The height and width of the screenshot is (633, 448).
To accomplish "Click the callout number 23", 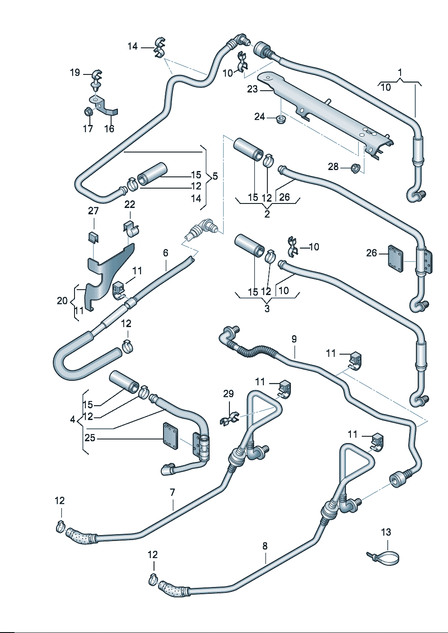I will click(252, 89).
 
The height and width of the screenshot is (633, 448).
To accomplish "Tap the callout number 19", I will click(75, 72).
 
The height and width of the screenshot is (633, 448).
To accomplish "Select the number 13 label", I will click(386, 532).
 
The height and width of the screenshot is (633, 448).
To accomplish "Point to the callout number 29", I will click(229, 394).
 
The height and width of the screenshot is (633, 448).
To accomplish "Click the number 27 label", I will click(93, 211).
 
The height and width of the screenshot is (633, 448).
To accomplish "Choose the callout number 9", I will click(294, 339).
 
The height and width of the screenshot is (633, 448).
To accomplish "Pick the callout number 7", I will click(173, 492).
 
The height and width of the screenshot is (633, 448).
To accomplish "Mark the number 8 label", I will click(265, 546).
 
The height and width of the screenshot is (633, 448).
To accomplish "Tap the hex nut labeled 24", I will click(281, 120).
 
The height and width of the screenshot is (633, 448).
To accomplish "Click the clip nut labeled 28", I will click(355, 168).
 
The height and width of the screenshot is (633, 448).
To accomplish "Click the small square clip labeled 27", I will click(93, 236).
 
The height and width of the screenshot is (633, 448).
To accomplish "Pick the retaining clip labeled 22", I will click(131, 229).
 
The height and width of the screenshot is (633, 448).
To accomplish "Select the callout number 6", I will click(166, 253).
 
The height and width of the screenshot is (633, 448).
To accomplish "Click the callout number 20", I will click(62, 300).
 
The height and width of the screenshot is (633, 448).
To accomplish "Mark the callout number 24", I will click(259, 117).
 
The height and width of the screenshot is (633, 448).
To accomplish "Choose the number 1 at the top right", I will click(400, 72).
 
